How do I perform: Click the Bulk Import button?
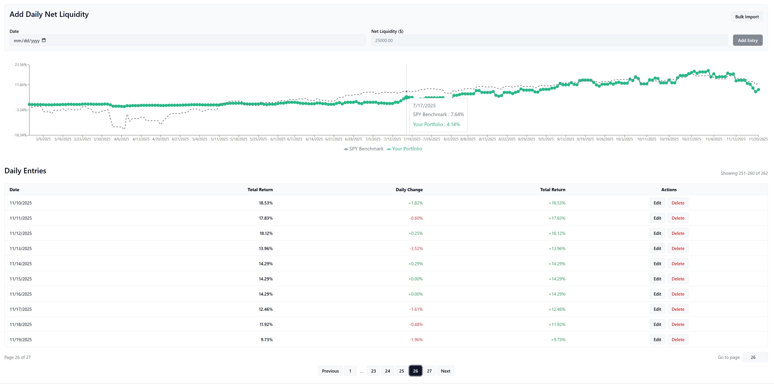pyautogui.click(x=747, y=17)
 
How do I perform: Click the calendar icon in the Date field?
pyautogui.click(x=44, y=40)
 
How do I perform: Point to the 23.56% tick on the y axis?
pyautogui.click(x=21, y=65)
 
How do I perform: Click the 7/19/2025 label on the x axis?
pyautogui.click(x=412, y=139)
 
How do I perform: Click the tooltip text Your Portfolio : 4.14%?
pyautogui.click(x=436, y=124)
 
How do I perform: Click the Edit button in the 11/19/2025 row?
pyautogui.click(x=657, y=339)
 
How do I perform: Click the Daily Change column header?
pyautogui.click(x=409, y=190)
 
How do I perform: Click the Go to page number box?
pyautogui.click(x=755, y=357)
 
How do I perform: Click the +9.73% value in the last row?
pyautogui.click(x=558, y=339)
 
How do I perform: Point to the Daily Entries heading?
pyautogui.click(x=25, y=171)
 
